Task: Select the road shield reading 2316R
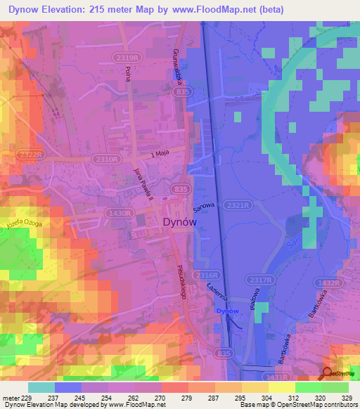coord(208,275)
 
